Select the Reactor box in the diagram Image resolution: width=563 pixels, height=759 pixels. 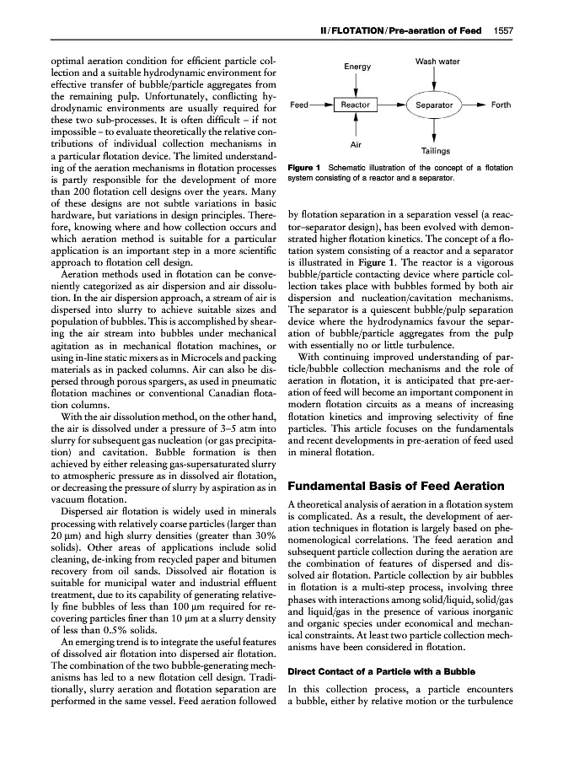[x=356, y=105]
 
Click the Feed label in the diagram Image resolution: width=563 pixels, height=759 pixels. [x=299, y=105]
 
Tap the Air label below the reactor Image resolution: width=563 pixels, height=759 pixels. [x=356, y=146]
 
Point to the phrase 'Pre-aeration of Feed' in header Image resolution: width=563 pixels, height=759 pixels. [x=442, y=31]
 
